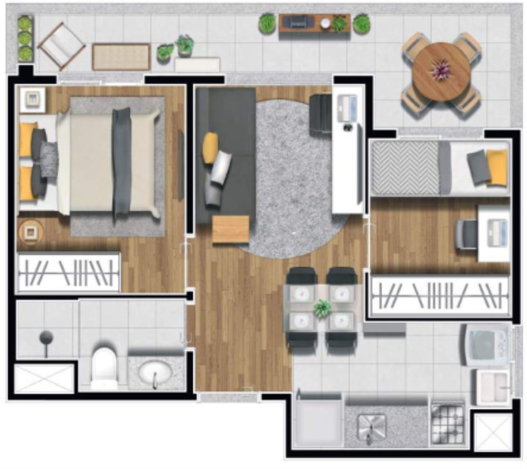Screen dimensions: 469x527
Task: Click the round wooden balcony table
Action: coord(441,71)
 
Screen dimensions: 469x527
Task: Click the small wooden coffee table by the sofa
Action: coord(231,229)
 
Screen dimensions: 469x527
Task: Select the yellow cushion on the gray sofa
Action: coord(210,147)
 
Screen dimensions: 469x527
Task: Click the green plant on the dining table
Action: coord(323,308)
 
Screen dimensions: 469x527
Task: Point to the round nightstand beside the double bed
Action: coord(31,232)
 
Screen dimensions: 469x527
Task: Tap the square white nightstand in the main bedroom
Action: coord(32,98)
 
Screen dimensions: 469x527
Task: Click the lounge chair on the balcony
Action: coord(61,46)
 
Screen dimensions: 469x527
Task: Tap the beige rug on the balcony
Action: coord(121,57)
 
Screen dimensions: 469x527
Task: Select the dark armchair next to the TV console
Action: coord(321,114)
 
